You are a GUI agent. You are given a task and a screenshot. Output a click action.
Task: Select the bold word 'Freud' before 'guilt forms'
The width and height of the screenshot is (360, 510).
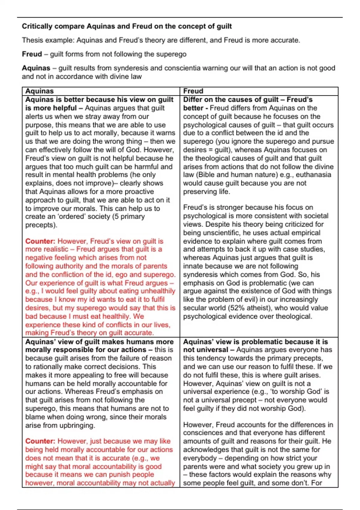pos(32,54)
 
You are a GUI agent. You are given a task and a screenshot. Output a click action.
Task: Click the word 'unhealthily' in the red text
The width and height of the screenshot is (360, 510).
pos(157,291)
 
